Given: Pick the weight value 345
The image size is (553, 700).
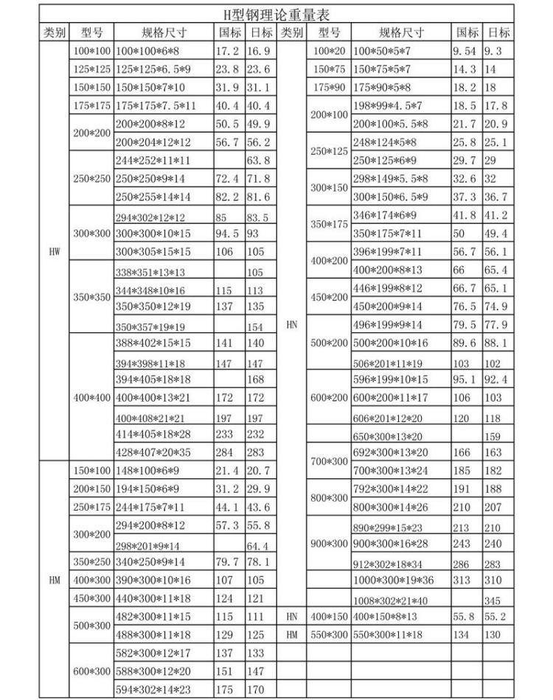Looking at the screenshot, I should (495, 600).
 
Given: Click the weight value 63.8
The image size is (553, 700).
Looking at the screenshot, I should (259, 161).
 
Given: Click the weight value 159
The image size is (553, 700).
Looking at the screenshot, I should (495, 435).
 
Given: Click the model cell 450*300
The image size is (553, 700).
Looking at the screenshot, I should (91, 598).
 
